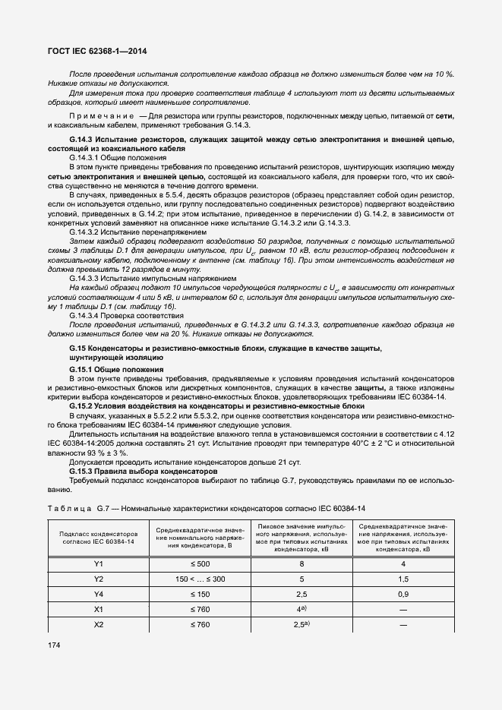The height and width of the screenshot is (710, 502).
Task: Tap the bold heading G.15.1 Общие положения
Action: pos(116,369)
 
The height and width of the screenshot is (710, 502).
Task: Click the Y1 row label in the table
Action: pos(97,564)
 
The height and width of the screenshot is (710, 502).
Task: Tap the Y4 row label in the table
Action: pos(97,593)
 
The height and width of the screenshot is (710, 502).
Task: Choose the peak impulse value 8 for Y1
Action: pos(302,564)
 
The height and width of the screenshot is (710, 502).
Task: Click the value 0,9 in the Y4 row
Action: pos(403,593)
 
